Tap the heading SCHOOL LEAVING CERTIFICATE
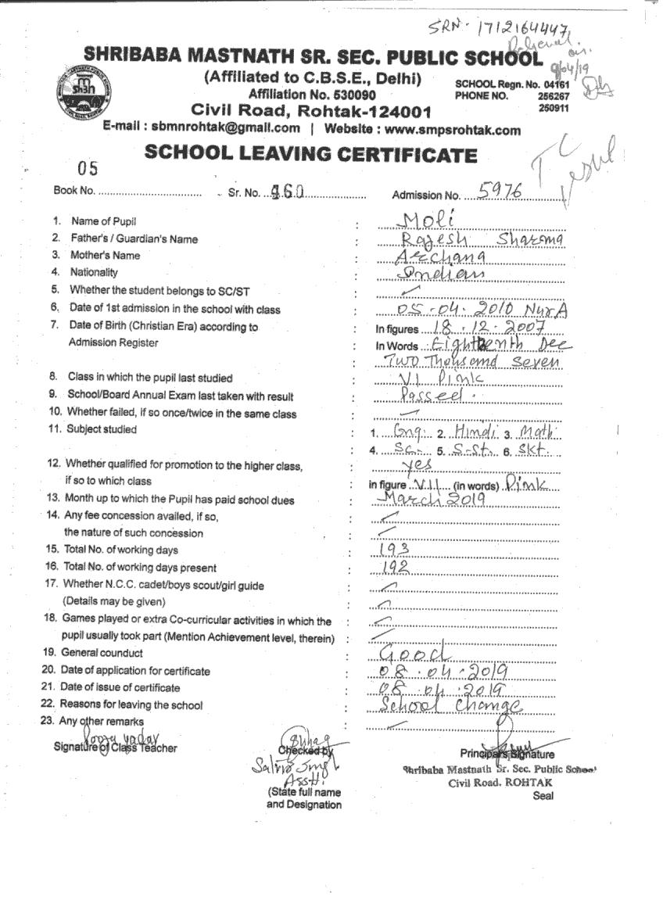pyautogui.click(x=310, y=154)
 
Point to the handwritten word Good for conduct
pyautogui.click(x=415, y=653)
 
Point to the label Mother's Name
pyautogui.click(x=106, y=256)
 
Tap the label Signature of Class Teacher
pyautogui.click(x=115, y=747)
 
